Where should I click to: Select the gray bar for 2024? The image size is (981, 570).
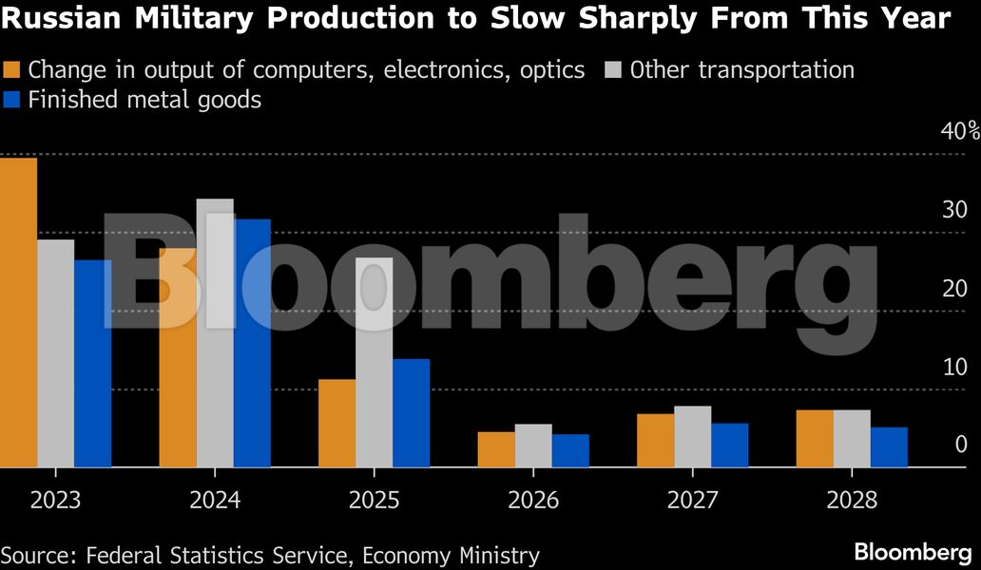tap(215, 332)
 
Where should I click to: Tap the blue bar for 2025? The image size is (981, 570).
tap(411, 412)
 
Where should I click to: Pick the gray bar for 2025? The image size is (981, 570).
tap(375, 362)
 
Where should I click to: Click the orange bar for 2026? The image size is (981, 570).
tap(495, 449)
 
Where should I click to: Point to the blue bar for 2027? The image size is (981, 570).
tap(729, 445)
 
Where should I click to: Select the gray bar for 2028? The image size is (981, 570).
tap(852, 438)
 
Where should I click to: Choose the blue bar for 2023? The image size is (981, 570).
tap(93, 363)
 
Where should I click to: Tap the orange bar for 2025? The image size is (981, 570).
tap(337, 423)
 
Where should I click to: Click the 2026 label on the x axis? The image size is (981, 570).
tap(533, 501)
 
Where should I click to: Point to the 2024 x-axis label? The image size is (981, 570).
tap(215, 501)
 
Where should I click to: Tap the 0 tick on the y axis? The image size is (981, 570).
tap(959, 445)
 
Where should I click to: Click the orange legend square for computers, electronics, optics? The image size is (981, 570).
tap(12, 70)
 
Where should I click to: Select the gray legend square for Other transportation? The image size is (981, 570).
tap(614, 70)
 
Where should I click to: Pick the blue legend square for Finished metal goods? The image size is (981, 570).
tap(12, 99)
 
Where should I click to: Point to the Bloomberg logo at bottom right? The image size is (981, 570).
tap(912, 551)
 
